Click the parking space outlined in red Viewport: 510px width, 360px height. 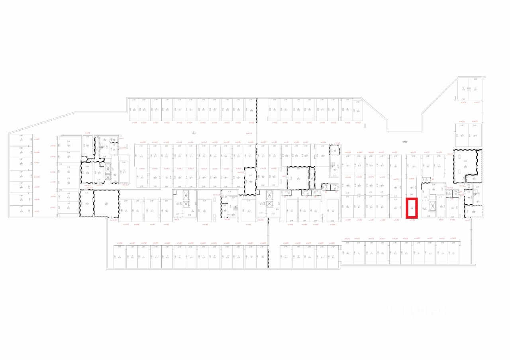411,207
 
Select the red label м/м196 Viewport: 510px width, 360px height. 119,243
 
